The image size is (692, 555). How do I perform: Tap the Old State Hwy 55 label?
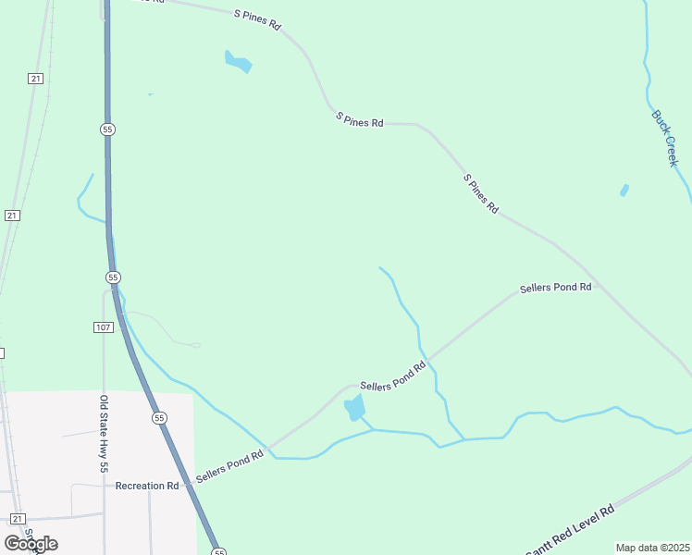click(104, 434)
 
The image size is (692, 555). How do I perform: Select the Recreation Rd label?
click(147, 486)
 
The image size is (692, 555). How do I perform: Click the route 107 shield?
click(103, 327)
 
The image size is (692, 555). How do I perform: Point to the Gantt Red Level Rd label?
click(570, 531)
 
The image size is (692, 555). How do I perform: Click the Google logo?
click(31, 543)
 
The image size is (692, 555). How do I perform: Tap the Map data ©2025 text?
click(652, 548)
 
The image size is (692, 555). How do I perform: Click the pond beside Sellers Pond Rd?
click(354, 407)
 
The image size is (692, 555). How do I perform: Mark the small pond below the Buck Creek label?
click(624, 191)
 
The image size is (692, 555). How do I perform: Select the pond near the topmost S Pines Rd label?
click(238, 63)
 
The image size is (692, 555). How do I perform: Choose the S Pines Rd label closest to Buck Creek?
click(481, 194)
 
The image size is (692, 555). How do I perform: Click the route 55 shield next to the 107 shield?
click(113, 277)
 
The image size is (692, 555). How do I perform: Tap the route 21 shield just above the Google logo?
click(17, 518)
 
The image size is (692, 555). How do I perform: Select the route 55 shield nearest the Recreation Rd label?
click(160, 418)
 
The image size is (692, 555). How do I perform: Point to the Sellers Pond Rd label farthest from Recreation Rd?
click(555, 288)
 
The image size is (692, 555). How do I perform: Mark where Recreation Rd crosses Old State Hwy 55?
click(104, 486)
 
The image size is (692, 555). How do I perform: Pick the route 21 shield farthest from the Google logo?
click(35, 79)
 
